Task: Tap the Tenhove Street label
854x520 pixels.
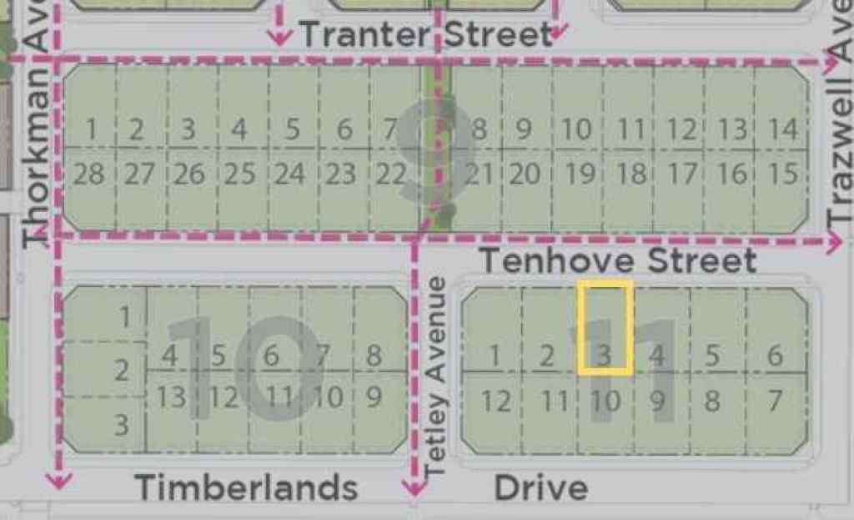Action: pyautogui.click(x=618, y=261)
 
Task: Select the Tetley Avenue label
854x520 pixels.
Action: pyautogui.click(x=436, y=377)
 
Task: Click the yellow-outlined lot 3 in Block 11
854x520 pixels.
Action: pyautogui.click(x=605, y=328)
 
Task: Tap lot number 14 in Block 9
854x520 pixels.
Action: pyautogui.click(x=782, y=130)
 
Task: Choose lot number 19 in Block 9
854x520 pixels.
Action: pyautogui.click(x=579, y=174)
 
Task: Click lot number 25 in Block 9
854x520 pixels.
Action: pyautogui.click(x=239, y=175)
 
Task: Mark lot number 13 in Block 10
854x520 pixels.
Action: pyautogui.click(x=171, y=396)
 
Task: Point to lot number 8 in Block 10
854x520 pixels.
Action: pyautogui.click(x=374, y=356)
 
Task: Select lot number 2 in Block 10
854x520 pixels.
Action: pyautogui.click(x=122, y=370)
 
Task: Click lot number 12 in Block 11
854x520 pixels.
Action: pyautogui.click(x=495, y=402)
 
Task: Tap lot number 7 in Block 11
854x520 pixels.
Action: pyautogui.click(x=775, y=401)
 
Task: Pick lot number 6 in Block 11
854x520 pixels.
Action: pyautogui.click(x=775, y=356)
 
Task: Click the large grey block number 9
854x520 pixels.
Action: pyautogui.click(x=436, y=154)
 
